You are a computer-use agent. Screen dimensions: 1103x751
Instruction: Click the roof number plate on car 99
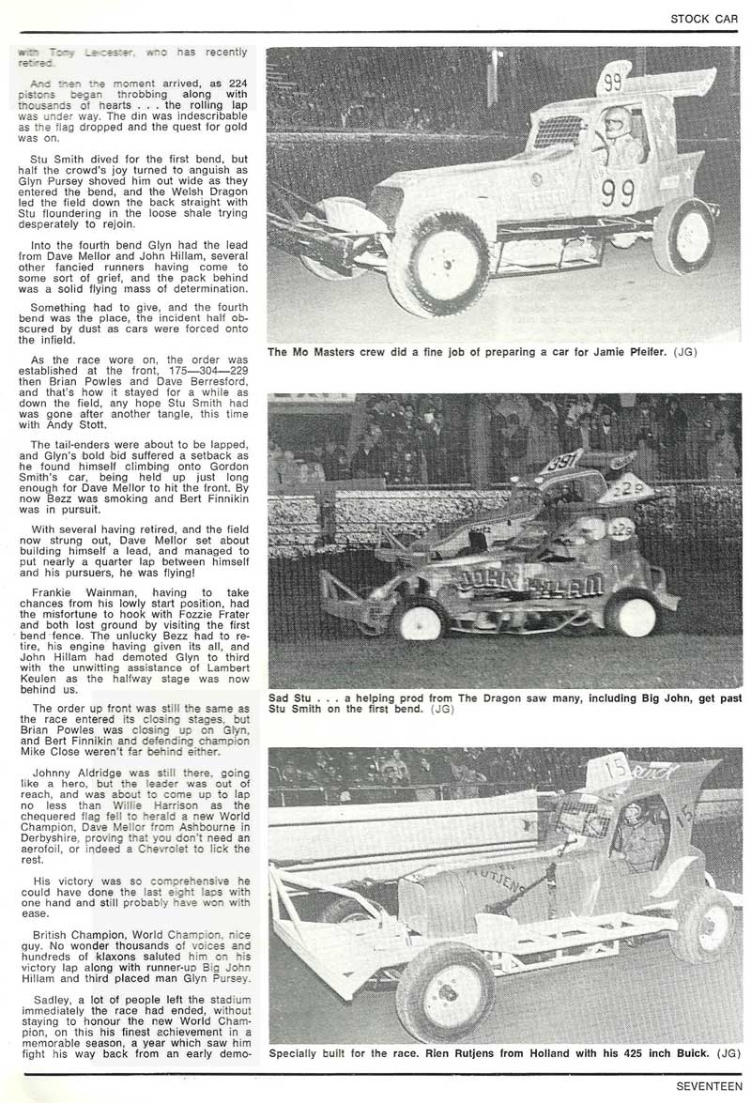[613, 81]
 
